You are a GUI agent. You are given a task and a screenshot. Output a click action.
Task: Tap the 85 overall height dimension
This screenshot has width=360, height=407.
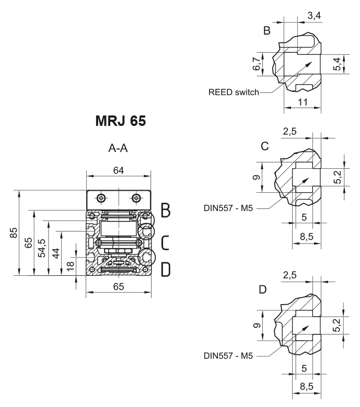coord(15,233)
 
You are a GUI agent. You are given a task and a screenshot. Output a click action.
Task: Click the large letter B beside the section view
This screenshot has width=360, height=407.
coord(165,210)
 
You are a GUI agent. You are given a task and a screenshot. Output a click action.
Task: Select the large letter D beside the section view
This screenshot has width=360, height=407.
coord(165,269)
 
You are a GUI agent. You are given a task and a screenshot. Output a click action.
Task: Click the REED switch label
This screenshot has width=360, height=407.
coord(234,92)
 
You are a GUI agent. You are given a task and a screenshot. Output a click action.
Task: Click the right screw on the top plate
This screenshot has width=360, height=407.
coord(137,199)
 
